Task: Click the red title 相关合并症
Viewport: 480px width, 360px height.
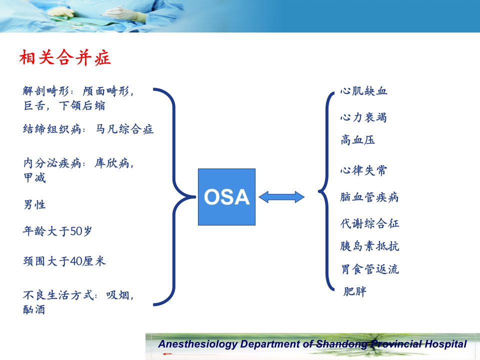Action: click(x=64, y=57)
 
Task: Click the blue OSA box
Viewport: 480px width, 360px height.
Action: click(x=226, y=197)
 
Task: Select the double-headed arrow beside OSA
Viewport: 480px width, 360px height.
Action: click(x=281, y=197)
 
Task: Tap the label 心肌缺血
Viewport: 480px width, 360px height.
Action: click(x=363, y=91)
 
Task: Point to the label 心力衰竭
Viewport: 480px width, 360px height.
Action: click(x=363, y=117)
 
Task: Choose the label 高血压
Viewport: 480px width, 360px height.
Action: click(x=357, y=140)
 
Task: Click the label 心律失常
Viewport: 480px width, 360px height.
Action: click(x=363, y=170)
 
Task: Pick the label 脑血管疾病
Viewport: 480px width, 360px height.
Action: click(x=369, y=197)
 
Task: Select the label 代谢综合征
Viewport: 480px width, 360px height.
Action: click(x=369, y=223)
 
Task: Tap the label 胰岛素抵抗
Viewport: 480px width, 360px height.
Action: click(x=369, y=246)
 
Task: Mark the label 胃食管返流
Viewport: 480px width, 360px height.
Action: click(x=370, y=269)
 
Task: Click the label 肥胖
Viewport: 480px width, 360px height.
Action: click(x=354, y=291)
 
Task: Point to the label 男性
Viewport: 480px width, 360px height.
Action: click(x=34, y=204)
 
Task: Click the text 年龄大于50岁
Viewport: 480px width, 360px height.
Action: click(x=57, y=231)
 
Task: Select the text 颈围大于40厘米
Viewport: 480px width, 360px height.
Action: click(x=64, y=261)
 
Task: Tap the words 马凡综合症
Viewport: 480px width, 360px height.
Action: click(x=124, y=129)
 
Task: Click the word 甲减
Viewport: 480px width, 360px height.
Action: click(x=34, y=177)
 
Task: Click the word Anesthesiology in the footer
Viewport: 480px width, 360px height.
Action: click(x=198, y=344)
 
